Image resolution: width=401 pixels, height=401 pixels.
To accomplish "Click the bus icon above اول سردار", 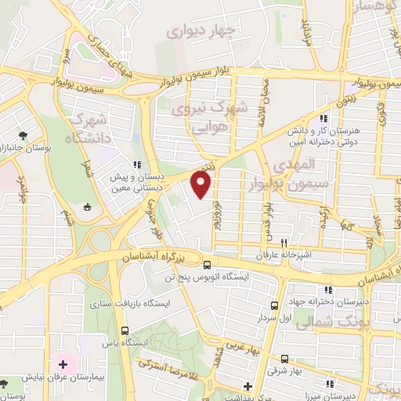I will (x=274, y=305).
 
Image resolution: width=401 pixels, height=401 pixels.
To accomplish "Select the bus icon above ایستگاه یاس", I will (x=125, y=330).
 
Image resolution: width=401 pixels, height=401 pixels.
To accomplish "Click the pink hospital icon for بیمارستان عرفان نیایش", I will (x=63, y=365).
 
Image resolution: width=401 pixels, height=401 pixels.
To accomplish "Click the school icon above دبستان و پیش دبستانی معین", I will (x=137, y=164).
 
